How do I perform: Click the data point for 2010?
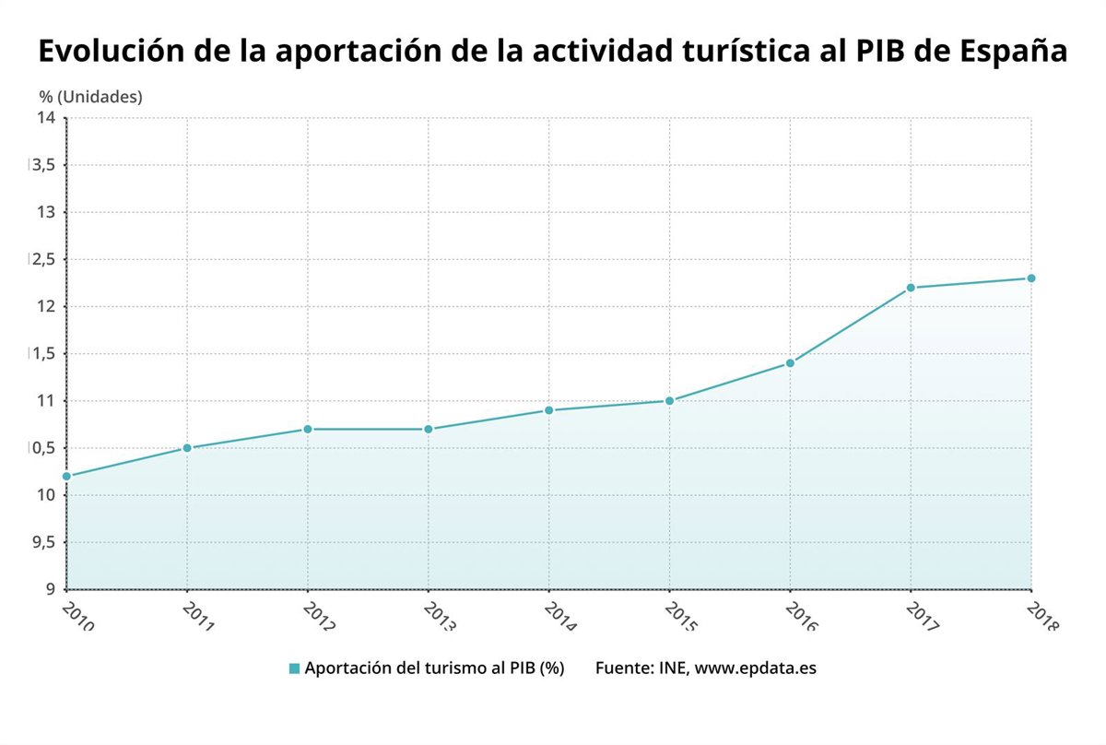point(66,476)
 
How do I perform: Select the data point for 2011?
point(187,448)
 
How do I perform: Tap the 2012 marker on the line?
point(308,429)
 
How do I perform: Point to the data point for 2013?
point(429,429)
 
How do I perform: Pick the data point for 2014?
point(549,410)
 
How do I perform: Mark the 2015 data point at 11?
point(669,401)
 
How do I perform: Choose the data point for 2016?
point(790,363)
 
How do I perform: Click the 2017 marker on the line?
point(911,288)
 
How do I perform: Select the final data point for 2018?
point(1031,278)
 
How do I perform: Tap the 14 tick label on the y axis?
point(46,117)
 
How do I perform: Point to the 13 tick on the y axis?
point(46,212)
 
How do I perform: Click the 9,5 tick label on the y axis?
point(43,542)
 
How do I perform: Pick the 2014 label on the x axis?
point(559,616)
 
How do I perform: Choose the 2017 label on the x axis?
point(921,616)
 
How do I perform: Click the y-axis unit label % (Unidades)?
point(90,96)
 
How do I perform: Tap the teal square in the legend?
point(294,668)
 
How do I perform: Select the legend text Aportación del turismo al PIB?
point(433,668)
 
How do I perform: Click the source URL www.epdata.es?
point(755,668)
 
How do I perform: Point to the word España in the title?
point(1014,53)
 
